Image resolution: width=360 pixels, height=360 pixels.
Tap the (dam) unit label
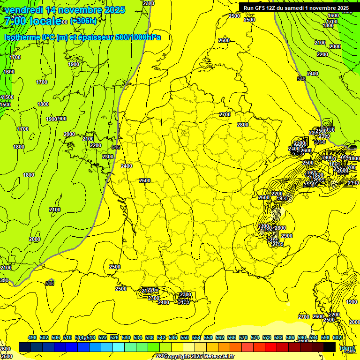click(347, 348)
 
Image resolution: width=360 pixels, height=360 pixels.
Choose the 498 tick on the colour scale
click(32, 337)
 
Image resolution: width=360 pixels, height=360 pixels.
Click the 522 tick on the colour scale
click(102, 337)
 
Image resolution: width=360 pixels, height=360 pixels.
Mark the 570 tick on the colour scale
click(243, 337)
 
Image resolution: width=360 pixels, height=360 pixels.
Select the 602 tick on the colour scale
click(337, 337)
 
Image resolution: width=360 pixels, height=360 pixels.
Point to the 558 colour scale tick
click(208, 337)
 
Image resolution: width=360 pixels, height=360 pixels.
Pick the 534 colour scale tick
click(137, 337)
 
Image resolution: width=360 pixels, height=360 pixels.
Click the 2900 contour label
click(287, 236)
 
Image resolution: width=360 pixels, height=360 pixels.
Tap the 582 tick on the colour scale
click(278, 337)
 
